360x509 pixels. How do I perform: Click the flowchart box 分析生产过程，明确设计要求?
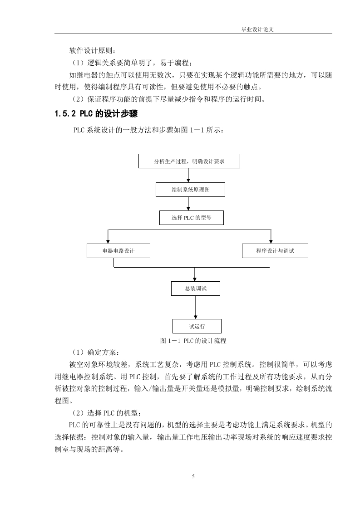pyautogui.click(x=189, y=161)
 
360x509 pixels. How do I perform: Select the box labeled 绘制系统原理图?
pyautogui.click(x=190, y=190)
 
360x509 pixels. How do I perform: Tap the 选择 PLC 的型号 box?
pyautogui.click(x=192, y=217)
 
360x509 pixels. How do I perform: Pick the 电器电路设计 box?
pyautogui.click(x=118, y=251)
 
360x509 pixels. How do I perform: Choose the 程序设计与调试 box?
pyautogui.click(x=275, y=251)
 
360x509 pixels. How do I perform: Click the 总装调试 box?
pyautogui.click(x=196, y=288)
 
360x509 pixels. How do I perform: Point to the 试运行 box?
pyautogui.click(x=197, y=326)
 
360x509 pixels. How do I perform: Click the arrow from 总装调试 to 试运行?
pyautogui.click(x=195, y=308)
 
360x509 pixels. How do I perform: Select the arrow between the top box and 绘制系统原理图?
pyautogui.click(x=188, y=175)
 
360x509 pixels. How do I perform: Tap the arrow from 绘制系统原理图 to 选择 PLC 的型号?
pyautogui.click(x=188, y=204)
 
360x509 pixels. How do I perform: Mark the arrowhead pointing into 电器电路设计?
pyautogui.click(x=108, y=241)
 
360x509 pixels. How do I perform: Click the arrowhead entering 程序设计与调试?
pyautogui.click(x=271, y=241)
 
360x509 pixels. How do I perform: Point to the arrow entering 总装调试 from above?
pyautogui.click(x=195, y=274)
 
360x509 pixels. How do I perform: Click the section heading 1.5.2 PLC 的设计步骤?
pyautogui.click(x=96, y=113)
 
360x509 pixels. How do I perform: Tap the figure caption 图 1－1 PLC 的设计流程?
pyautogui.click(x=193, y=341)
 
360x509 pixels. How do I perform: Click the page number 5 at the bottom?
pyautogui.click(x=193, y=476)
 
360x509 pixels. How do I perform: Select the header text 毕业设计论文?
pyautogui.click(x=257, y=29)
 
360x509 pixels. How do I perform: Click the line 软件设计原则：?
pyautogui.click(x=92, y=51)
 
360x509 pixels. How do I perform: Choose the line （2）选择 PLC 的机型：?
pyautogui.click(x=105, y=413)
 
